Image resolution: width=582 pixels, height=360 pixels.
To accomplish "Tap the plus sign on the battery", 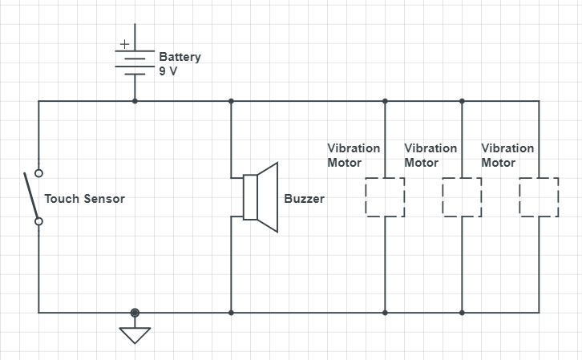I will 124,44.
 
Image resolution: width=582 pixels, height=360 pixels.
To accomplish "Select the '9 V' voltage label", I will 169,71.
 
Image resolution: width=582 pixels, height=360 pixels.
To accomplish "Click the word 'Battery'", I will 180,57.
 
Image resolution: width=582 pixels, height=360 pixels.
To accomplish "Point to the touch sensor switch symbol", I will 34,197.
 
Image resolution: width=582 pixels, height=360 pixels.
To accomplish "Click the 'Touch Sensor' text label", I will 84,198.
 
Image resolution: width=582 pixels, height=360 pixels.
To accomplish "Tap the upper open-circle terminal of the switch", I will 38,172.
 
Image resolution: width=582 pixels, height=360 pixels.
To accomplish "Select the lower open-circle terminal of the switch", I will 38,221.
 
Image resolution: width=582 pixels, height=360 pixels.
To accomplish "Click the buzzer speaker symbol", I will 261,197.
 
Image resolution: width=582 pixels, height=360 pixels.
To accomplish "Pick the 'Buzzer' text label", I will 305,198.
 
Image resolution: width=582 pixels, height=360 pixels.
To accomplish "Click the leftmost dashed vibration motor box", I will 385,197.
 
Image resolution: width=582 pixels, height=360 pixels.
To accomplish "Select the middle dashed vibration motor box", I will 462,197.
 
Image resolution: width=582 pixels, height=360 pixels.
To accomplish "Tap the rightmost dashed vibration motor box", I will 539,197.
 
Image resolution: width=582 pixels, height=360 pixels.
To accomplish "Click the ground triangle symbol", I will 135,333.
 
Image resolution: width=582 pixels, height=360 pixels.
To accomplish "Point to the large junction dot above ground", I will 135,313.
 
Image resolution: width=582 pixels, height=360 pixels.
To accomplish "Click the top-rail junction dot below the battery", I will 135,101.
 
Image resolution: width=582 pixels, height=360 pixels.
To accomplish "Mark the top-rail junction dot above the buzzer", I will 231,101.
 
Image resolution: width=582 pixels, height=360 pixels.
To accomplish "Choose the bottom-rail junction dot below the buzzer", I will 231,313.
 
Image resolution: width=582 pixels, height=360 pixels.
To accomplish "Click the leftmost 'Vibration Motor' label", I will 354,156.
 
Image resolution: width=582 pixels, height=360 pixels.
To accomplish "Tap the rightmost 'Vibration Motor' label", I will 507,156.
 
